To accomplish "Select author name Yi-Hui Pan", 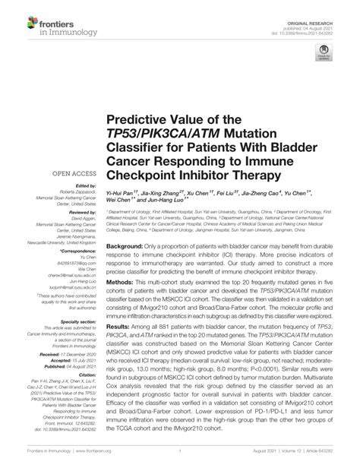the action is click(122, 195).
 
